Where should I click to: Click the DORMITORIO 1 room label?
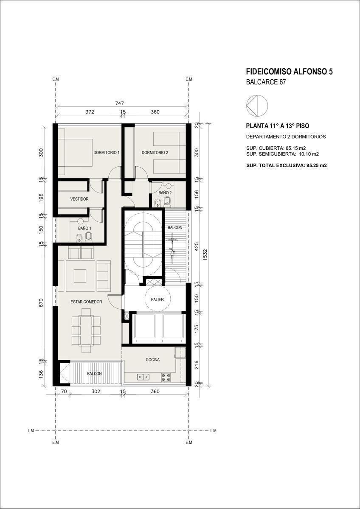coord(107,152)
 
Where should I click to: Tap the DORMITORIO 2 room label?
coord(155,152)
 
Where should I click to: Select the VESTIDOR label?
coord(79,199)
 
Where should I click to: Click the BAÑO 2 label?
coord(165,193)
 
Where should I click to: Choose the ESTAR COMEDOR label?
coord(86,302)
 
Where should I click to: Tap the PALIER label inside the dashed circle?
coord(157,299)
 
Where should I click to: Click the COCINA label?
coord(152,360)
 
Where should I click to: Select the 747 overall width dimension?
coord(120,103)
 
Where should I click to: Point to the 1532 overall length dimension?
coord(205,255)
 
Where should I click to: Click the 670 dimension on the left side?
coord(41,303)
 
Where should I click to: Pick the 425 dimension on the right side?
coord(197,246)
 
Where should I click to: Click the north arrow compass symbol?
coord(257,106)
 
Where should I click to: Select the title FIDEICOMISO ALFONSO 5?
coord(289,72)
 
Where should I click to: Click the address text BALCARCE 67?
coord(266,82)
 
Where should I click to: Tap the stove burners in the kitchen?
coord(166,377)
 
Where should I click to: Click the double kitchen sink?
coord(143,377)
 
